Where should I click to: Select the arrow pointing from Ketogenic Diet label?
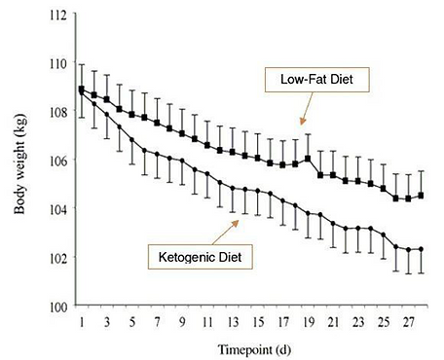(x=230, y=230)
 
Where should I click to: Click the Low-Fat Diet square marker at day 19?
(x=308, y=159)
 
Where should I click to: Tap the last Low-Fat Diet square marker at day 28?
(x=421, y=196)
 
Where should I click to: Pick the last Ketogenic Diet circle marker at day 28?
(x=421, y=250)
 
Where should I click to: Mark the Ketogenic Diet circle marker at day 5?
(x=131, y=140)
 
